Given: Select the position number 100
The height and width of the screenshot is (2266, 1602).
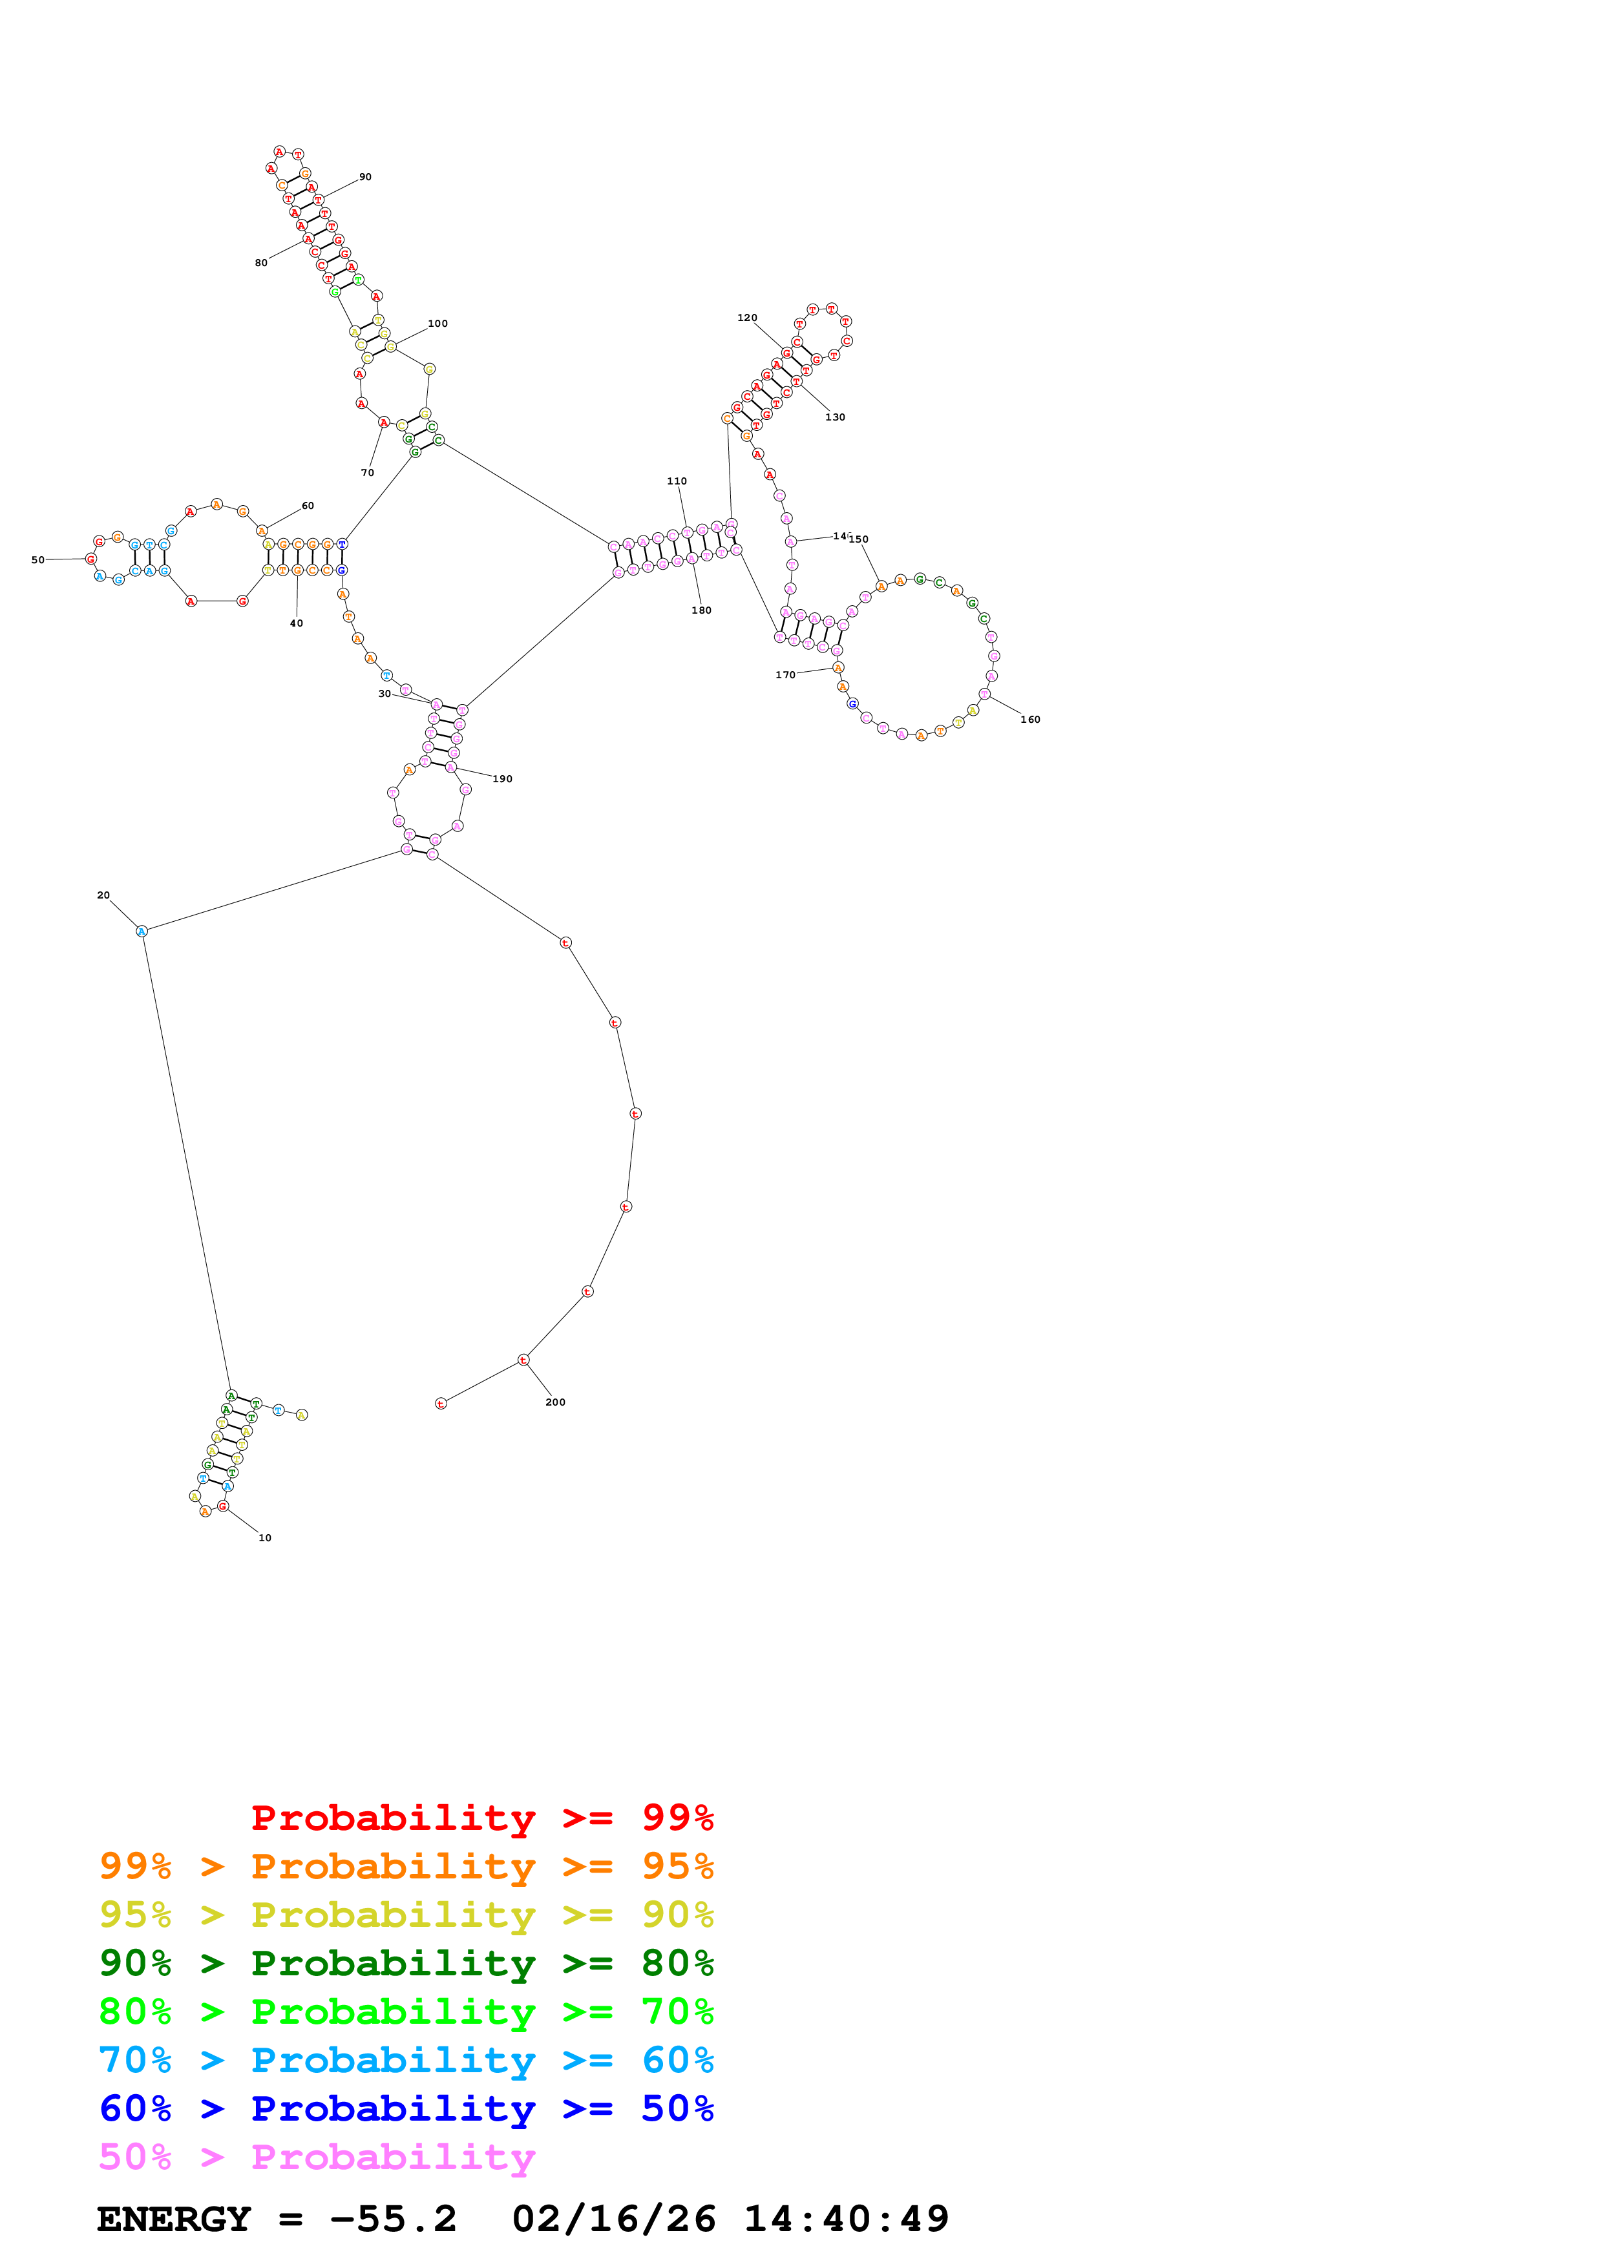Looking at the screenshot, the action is point(437,324).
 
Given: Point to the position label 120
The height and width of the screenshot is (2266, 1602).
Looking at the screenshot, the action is point(747,318).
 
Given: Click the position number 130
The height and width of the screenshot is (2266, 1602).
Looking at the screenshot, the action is point(835,417).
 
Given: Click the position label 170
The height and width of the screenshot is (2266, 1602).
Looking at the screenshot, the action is point(785,675).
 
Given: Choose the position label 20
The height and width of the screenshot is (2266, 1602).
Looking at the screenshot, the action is point(103,895).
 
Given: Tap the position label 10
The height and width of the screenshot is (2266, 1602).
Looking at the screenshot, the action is point(264,1537).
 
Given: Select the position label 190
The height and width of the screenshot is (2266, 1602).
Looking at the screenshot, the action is point(502,778).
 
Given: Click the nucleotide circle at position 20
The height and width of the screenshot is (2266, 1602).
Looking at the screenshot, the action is point(141,931).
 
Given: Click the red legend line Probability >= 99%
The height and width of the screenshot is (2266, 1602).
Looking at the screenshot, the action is point(481,1818).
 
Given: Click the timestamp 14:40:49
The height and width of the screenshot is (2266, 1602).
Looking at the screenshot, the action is point(846,2219).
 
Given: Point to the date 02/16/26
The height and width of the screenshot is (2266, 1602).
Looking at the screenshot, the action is point(613,2219).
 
